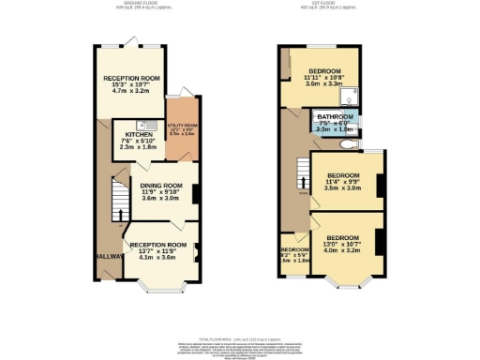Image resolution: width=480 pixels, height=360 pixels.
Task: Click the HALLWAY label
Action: point(105,256)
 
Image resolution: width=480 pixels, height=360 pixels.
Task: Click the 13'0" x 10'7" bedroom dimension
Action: point(342,243)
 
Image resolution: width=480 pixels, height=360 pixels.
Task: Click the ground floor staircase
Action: point(118,200)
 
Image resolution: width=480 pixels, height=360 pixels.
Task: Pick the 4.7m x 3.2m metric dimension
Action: point(131,91)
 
